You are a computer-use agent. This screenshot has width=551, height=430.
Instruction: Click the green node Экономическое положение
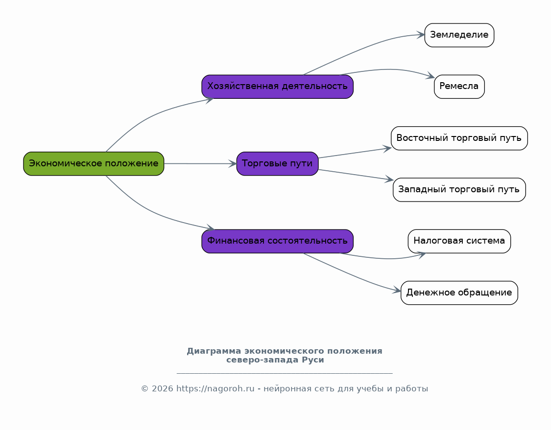(x=94, y=163)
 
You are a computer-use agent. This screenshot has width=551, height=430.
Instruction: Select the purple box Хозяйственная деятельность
(x=277, y=87)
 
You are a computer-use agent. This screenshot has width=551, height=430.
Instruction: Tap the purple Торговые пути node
(x=277, y=163)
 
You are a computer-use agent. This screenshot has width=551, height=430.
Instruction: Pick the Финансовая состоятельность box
(x=277, y=241)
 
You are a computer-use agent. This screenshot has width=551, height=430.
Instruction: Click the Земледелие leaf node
(x=459, y=35)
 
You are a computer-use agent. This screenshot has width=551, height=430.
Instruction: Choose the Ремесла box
(x=459, y=87)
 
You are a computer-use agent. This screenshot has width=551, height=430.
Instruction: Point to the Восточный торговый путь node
(x=459, y=138)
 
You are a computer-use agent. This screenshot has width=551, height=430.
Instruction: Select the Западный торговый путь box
(x=459, y=189)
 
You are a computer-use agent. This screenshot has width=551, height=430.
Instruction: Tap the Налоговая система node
(x=459, y=241)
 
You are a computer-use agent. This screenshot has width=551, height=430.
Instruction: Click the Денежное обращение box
(x=459, y=293)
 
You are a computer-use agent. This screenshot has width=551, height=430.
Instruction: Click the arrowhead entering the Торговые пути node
(x=233, y=163)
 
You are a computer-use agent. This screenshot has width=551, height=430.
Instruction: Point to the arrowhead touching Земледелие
(x=421, y=34)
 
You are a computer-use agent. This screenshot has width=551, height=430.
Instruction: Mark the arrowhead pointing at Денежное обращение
(x=397, y=290)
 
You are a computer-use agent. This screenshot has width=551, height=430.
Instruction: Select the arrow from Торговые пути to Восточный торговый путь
(x=355, y=153)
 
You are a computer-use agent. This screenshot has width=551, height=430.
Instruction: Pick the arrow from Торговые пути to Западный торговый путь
(x=356, y=175)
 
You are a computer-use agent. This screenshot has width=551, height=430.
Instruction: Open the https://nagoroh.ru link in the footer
(x=215, y=388)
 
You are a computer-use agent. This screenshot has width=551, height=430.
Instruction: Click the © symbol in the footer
(x=145, y=388)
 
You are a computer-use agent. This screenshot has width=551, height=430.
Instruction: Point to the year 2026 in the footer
(x=162, y=388)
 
